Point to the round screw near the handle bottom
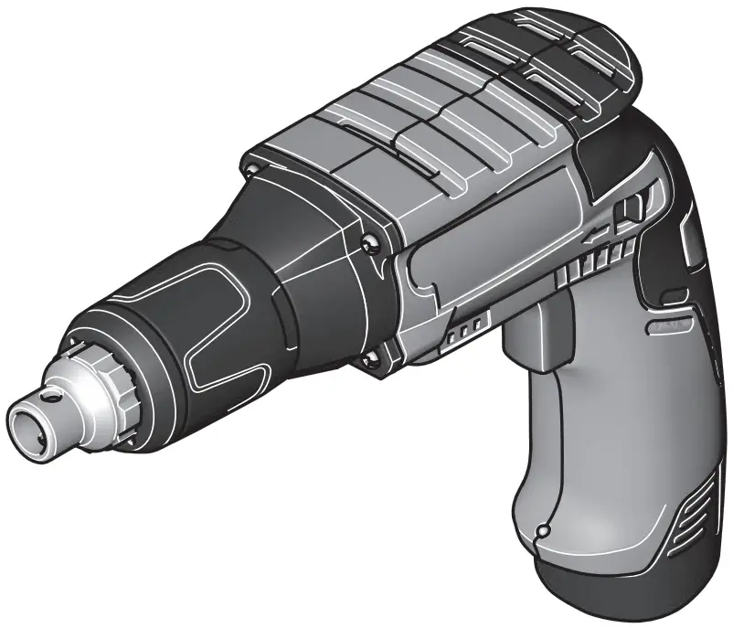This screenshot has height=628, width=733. pos(544,529)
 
